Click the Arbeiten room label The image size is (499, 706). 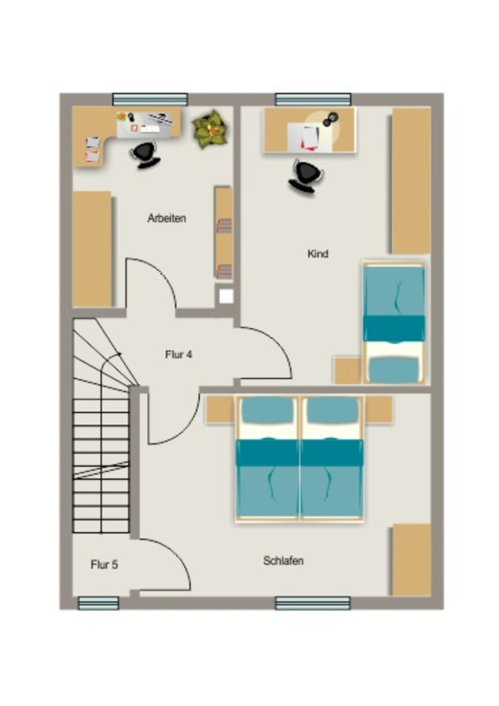(167, 219)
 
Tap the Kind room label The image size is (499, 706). (318, 254)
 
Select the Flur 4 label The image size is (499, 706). (179, 355)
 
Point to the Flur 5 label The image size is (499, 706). (104, 565)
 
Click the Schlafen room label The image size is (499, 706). (283, 561)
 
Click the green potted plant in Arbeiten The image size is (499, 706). (210, 130)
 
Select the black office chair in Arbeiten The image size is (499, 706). (146, 154)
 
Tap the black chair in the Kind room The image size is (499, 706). (307, 176)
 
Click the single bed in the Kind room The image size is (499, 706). (394, 323)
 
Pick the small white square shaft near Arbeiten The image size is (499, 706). (226, 296)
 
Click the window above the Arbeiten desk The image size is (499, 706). (150, 99)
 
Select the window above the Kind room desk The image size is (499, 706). (313, 99)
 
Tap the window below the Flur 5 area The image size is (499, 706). (99, 603)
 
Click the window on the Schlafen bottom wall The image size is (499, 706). (313, 603)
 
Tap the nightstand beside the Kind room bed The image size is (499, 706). (348, 370)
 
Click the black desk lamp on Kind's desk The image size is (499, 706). (331, 119)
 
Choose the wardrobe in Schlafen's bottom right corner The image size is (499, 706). (411, 560)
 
